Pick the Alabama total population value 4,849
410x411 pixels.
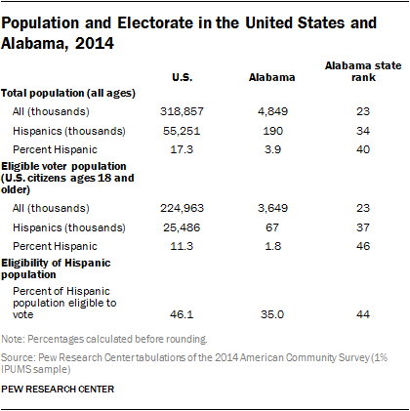tap(266, 112)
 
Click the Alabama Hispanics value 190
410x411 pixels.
tap(266, 131)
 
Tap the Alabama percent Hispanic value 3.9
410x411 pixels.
tap(266, 150)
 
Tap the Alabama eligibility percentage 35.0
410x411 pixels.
tap(266, 311)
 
